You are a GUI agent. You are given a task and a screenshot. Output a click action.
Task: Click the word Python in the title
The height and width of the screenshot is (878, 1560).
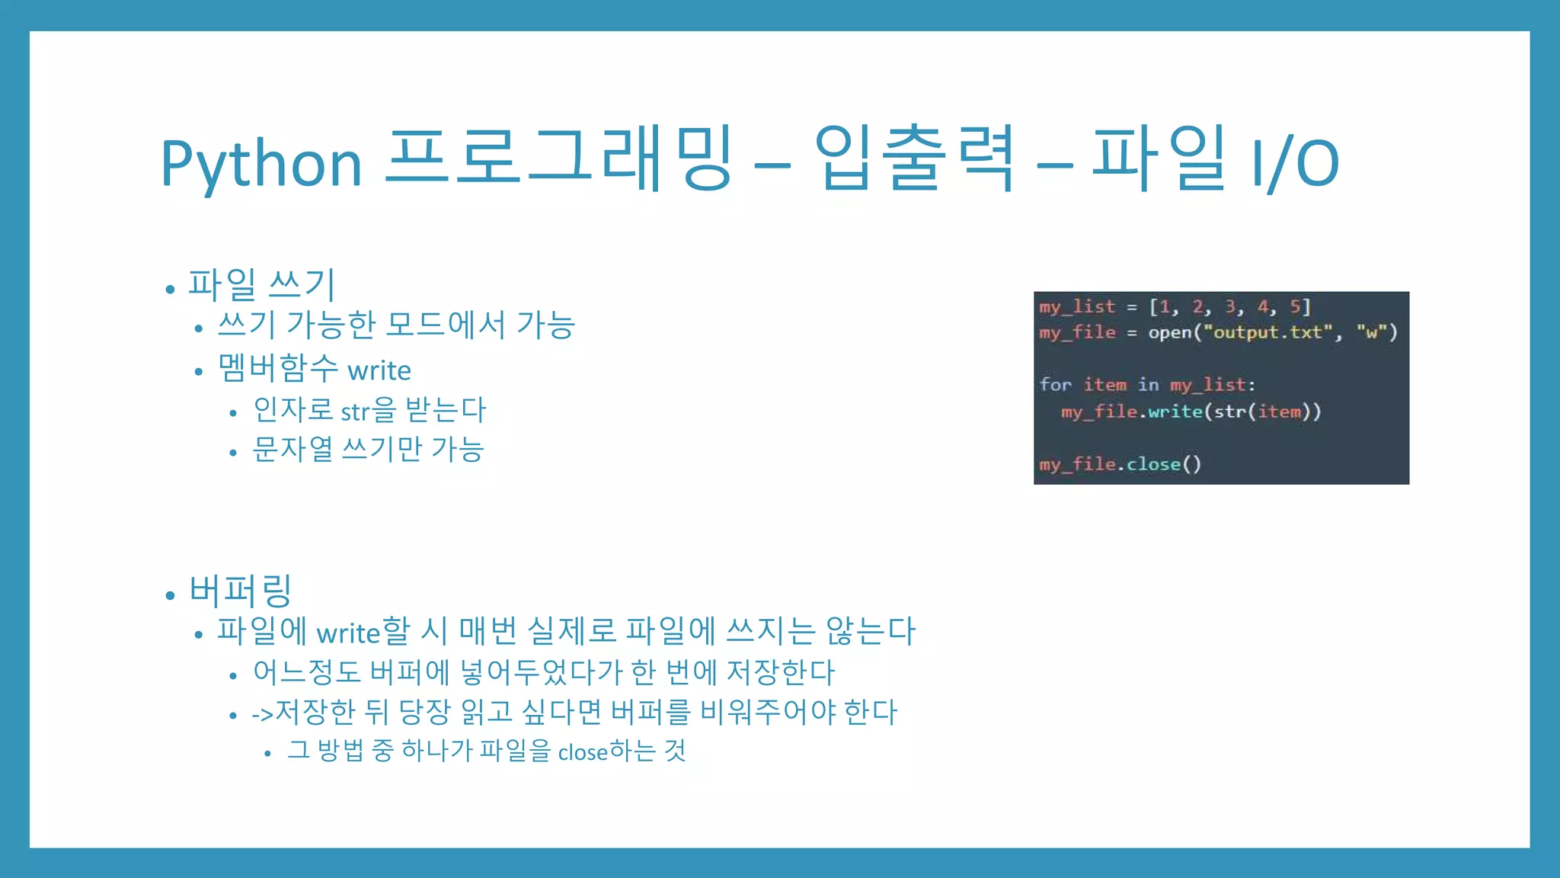pyautogui.click(x=261, y=163)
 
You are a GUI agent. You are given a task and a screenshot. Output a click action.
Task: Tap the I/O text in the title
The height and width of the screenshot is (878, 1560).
pyautogui.click(x=1296, y=163)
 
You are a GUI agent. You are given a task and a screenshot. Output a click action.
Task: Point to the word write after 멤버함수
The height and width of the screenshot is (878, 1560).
pyautogui.click(x=379, y=370)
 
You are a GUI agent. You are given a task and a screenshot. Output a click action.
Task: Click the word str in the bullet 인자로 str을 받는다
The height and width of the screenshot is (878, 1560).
pyautogui.click(x=355, y=412)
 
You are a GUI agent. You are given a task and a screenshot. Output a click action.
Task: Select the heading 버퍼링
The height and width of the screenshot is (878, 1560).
pyautogui.click(x=240, y=591)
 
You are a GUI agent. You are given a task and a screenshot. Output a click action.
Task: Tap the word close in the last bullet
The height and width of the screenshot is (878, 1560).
pyautogui.click(x=583, y=753)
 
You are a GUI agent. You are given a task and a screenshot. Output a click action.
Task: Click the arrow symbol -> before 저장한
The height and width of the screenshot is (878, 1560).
pyautogui.click(x=262, y=714)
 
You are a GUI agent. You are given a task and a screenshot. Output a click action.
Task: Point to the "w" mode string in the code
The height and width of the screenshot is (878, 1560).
pyautogui.click(x=1371, y=332)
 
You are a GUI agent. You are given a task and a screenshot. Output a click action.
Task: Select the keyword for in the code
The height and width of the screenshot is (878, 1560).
pyautogui.click(x=1055, y=385)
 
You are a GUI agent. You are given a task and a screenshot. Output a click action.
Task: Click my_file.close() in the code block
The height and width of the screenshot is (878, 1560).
pyautogui.click(x=1120, y=464)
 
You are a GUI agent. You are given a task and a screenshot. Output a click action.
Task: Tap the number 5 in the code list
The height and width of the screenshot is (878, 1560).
pyautogui.click(x=1294, y=306)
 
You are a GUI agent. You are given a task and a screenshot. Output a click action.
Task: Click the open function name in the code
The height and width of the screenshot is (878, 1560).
pyautogui.click(x=1170, y=332)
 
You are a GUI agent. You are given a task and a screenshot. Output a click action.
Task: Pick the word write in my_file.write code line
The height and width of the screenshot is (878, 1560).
pyautogui.click(x=1175, y=412)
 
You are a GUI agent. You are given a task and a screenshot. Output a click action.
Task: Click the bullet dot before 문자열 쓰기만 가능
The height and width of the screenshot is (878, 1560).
pyautogui.click(x=233, y=453)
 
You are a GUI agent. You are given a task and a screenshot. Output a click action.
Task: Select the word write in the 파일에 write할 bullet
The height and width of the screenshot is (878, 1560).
pyautogui.click(x=347, y=633)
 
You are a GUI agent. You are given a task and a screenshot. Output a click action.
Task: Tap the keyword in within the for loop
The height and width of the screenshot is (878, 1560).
pyautogui.click(x=1148, y=385)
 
